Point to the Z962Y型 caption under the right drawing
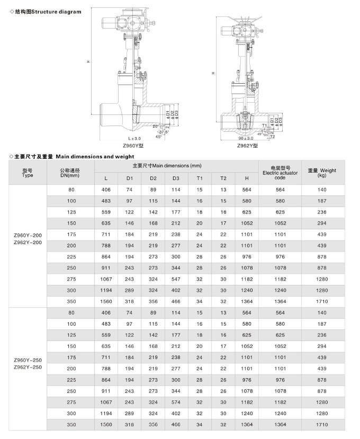tap(247, 146)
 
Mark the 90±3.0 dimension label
tap(246, 139)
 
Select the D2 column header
tap(153, 178)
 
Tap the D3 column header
tap(176, 178)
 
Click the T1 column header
tap(200, 178)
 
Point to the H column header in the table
tap(247, 178)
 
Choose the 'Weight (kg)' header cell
tap(322, 173)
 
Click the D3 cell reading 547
tap(176, 279)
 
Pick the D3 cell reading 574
tap(176, 402)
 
